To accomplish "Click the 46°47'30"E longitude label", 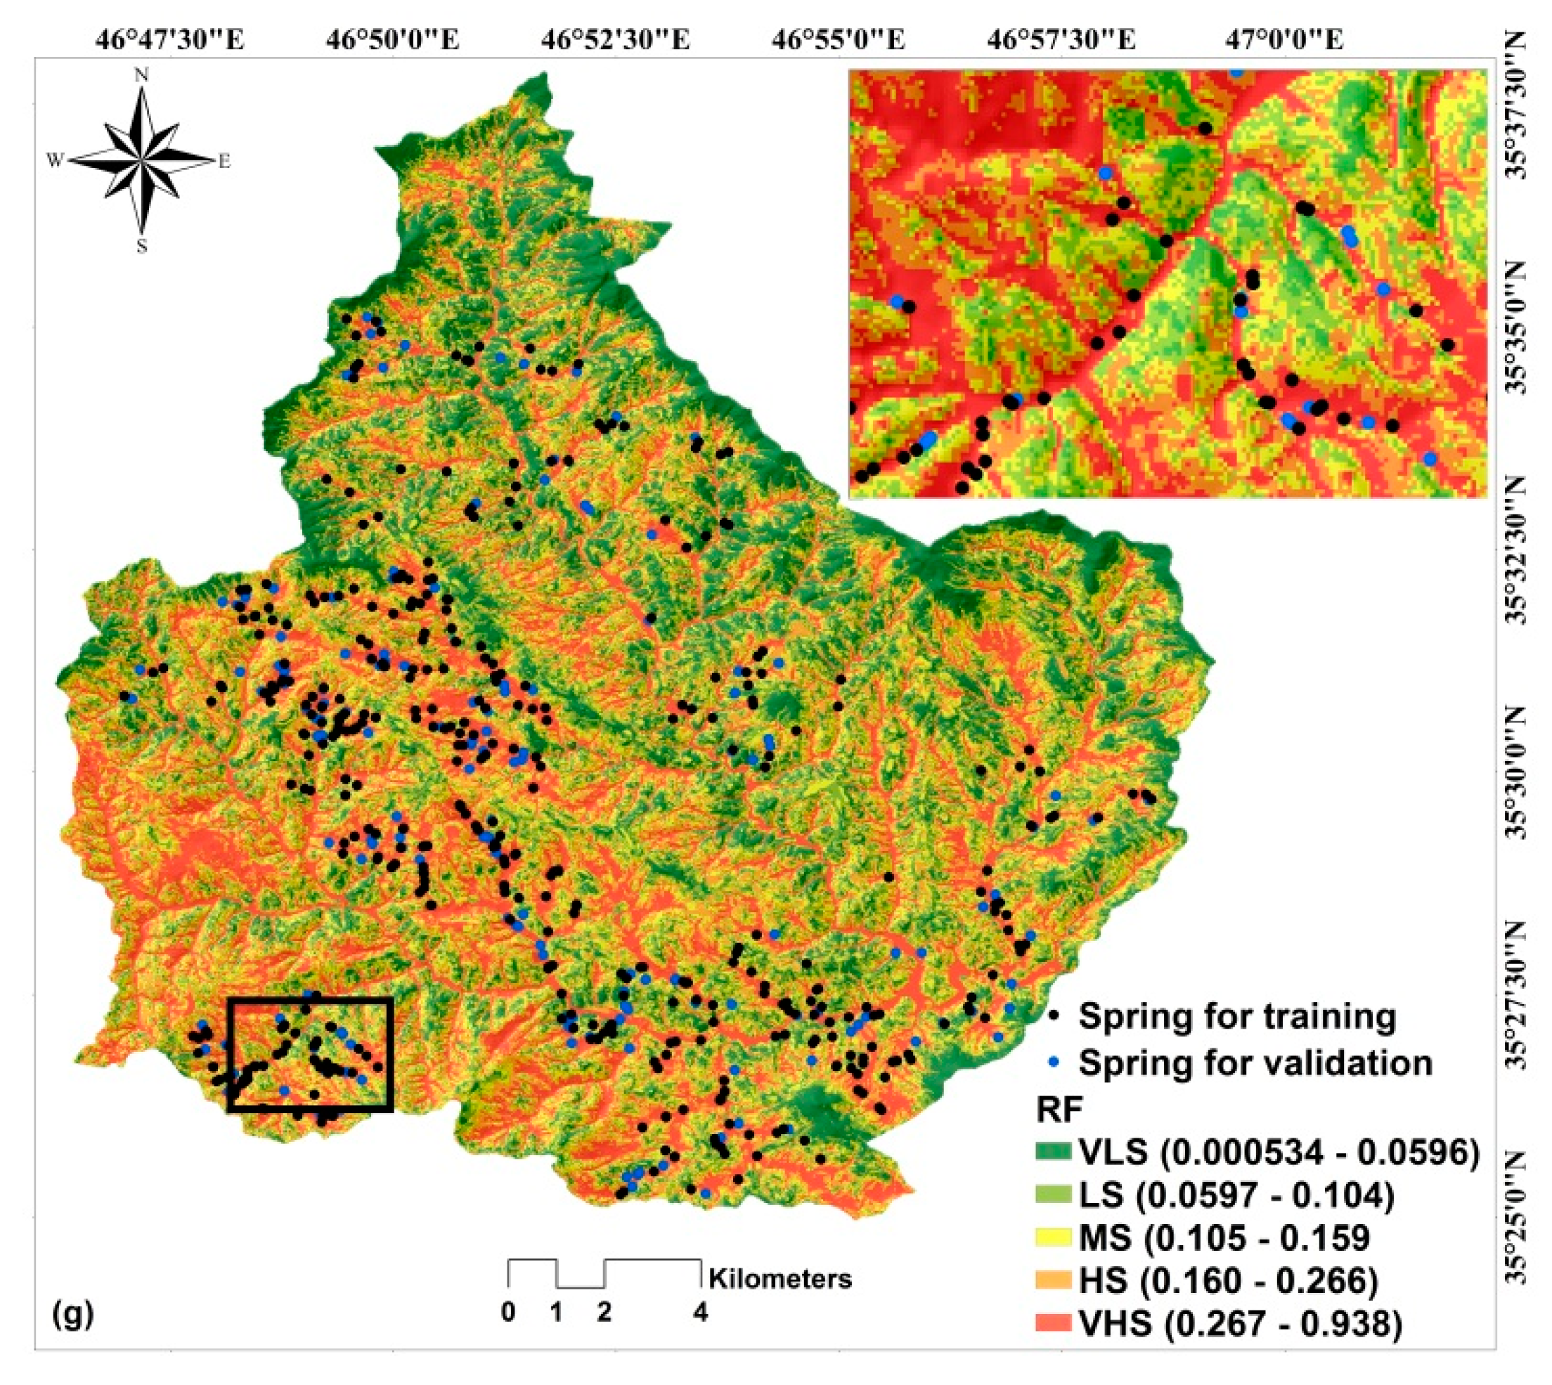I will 169,39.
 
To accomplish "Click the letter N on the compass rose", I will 141,74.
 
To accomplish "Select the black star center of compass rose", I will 141,161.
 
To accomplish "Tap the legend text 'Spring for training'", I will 1237,1017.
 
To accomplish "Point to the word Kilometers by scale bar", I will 780,1278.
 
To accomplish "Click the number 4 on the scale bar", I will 700,1313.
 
